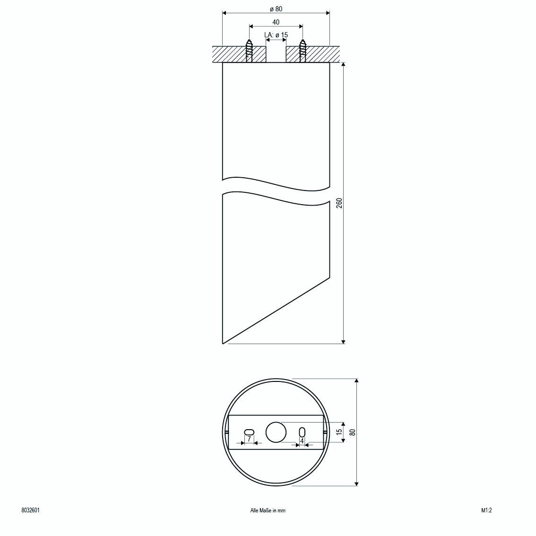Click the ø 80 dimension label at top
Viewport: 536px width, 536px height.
[276, 9]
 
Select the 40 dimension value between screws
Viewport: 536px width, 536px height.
[276, 22]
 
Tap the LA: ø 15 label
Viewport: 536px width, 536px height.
[276, 35]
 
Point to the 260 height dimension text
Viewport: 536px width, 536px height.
[338, 203]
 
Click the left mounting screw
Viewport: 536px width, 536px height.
[249, 51]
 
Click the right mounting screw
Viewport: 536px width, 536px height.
[303, 51]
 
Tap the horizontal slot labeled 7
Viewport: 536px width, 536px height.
[249, 432]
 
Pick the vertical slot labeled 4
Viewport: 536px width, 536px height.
[302, 432]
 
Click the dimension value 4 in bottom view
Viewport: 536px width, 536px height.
[302, 441]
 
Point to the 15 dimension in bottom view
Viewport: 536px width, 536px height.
[339, 432]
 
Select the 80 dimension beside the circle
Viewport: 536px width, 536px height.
[352, 432]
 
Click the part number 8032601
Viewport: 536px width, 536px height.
[31, 510]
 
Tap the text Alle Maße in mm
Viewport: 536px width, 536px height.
[268, 510]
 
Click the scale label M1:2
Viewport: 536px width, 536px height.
[486, 510]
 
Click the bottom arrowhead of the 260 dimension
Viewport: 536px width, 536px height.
[343, 341]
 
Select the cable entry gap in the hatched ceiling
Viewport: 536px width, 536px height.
[276, 54]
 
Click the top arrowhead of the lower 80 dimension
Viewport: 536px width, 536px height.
[356, 381]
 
